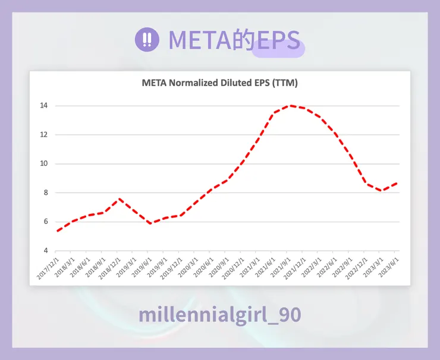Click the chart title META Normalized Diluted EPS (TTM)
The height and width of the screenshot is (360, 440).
(x=220, y=83)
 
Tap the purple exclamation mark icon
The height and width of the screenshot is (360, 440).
(x=147, y=40)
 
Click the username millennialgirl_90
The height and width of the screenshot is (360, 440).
(x=219, y=315)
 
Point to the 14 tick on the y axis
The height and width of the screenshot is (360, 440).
(x=43, y=106)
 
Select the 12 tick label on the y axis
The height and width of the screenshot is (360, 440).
(x=43, y=135)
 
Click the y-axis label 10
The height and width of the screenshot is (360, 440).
(x=43, y=164)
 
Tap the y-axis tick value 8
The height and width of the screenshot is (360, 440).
(x=45, y=193)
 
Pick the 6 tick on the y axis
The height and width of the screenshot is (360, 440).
(x=45, y=222)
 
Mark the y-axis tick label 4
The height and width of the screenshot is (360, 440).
(x=45, y=251)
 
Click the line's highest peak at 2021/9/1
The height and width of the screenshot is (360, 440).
(x=290, y=106)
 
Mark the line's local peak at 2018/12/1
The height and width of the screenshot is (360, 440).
(x=120, y=199)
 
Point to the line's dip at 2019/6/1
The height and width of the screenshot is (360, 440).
(x=150, y=223)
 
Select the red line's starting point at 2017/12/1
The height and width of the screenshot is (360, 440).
(x=58, y=230)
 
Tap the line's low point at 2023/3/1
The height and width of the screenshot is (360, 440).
(x=382, y=191)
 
